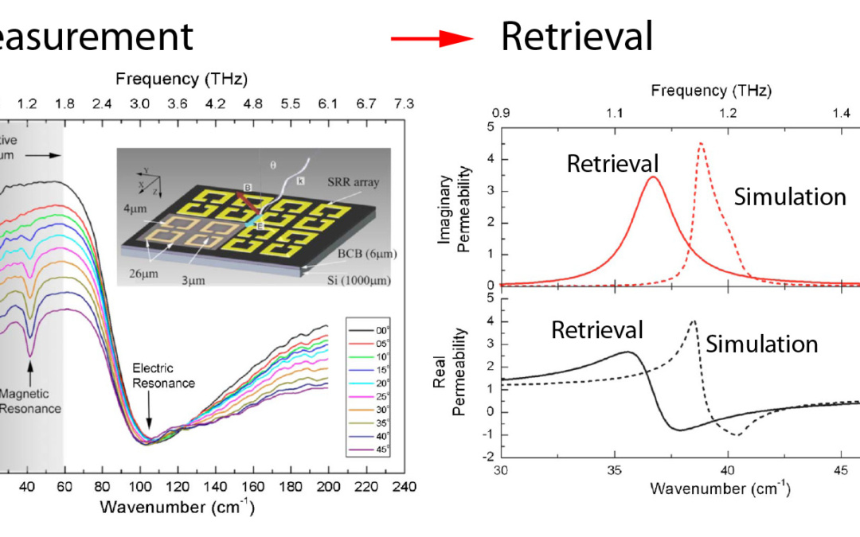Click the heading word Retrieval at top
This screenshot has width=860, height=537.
tap(577, 37)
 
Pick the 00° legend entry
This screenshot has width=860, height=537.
tap(379, 326)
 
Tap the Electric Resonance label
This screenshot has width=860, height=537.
tap(163, 376)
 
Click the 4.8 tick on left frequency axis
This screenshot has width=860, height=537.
tap(253, 103)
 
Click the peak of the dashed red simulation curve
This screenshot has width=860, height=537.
tap(701, 144)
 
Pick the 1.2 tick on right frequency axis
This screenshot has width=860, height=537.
tap(728, 114)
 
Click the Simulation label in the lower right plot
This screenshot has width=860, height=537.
tap(761, 344)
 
